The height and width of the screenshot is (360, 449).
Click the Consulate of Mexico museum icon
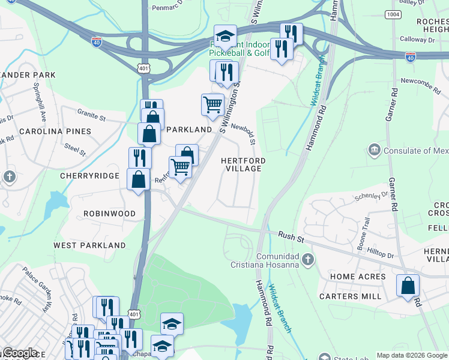coord(375,149)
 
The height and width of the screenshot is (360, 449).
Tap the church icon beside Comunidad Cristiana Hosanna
coord(308,259)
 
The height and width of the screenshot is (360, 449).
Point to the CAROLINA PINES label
coord(55,131)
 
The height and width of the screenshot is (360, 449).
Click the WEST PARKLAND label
coord(89,245)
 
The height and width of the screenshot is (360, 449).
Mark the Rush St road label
coord(292,238)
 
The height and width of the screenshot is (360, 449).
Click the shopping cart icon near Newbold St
coord(212,104)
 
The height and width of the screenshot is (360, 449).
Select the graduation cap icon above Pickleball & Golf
coord(226,36)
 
